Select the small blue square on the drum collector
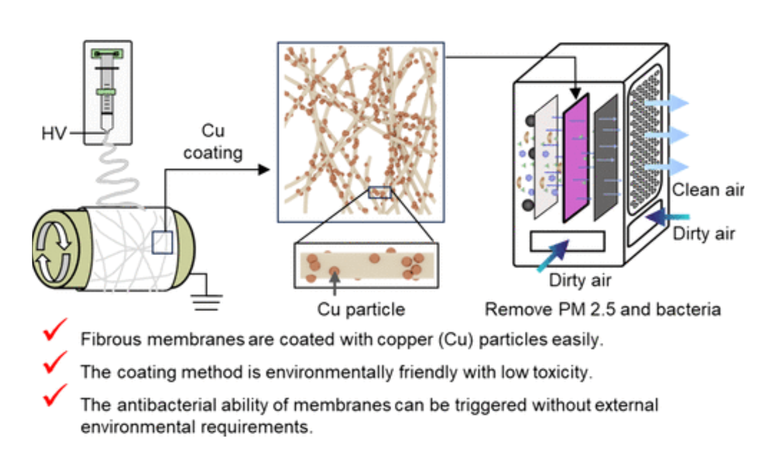(x=162, y=242)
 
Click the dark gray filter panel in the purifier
(x=608, y=153)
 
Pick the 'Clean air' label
(x=708, y=190)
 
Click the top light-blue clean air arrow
(x=666, y=103)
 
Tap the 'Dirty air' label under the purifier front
(x=580, y=279)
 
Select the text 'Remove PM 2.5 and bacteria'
(x=603, y=309)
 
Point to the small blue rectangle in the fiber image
(x=379, y=192)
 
